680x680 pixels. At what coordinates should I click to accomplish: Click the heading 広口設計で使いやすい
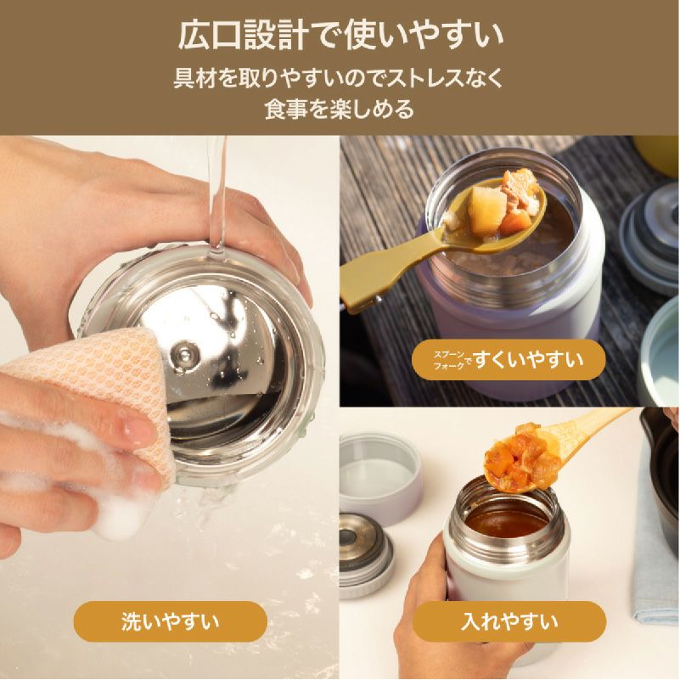[340, 37]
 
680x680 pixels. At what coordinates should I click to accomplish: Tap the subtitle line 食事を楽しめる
[340, 109]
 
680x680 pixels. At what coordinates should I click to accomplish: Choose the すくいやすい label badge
[509, 360]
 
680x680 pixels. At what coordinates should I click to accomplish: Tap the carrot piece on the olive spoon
[511, 222]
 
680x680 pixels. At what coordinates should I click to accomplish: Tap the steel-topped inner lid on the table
[365, 552]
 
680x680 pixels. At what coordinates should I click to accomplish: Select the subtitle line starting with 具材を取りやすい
[340, 79]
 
